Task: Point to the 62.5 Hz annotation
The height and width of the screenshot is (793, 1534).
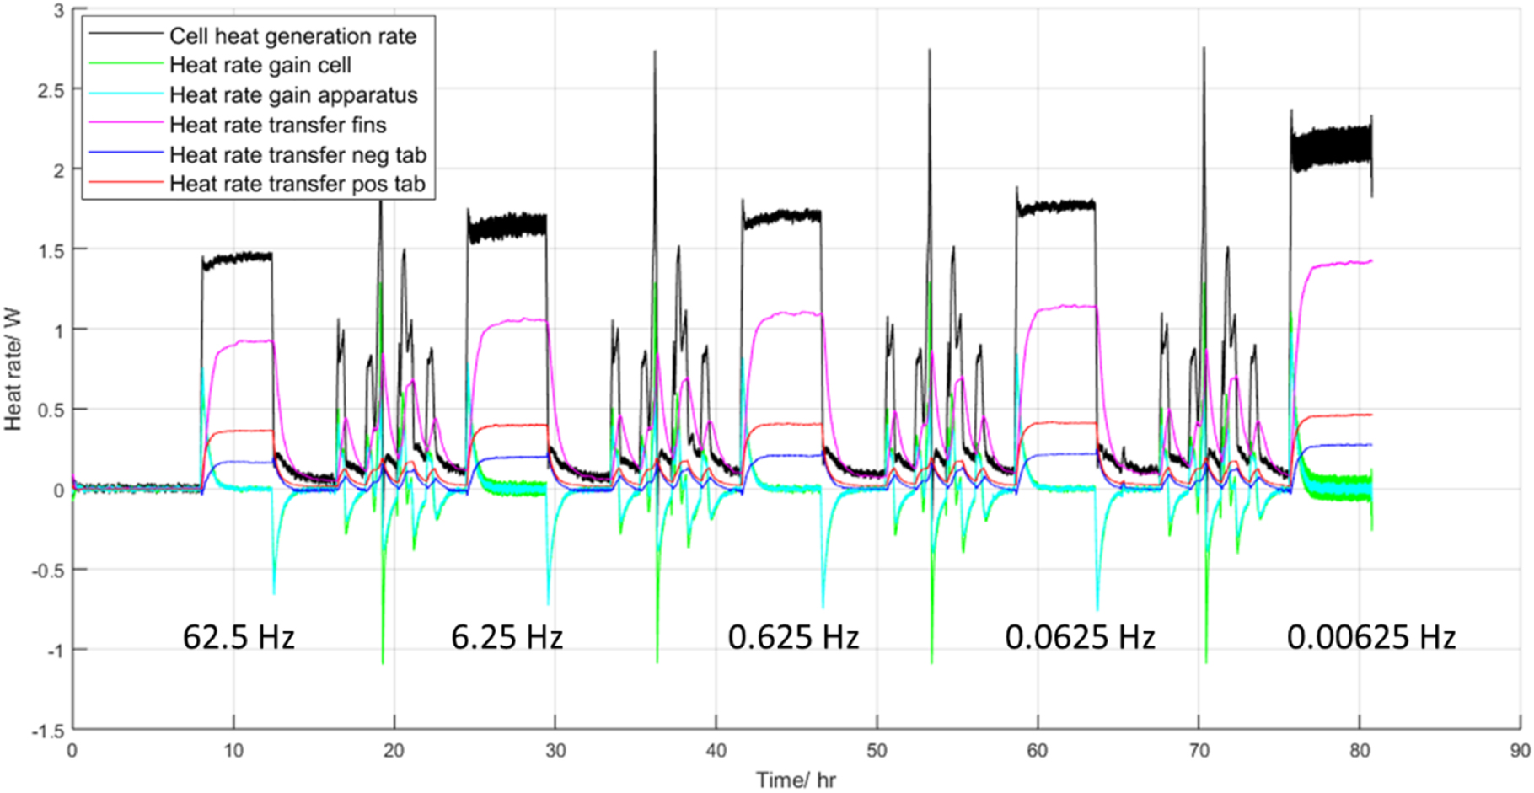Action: click(x=239, y=637)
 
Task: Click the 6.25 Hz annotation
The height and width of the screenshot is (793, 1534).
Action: click(x=507, y=637)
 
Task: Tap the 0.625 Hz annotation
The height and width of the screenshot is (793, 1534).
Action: click(x=793, y=637)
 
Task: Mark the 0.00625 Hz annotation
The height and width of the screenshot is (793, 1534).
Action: click(x=1370, y=637)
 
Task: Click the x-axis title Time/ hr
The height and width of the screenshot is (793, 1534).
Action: click(x=796, y=780)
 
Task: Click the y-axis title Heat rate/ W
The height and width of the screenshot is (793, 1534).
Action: click(x=13, y=369)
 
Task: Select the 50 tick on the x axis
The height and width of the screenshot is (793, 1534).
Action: click(x=877, y=751)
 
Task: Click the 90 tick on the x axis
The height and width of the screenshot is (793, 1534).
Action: click(x=1520, y=751)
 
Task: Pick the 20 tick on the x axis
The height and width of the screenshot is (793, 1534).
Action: click(x=394, y=751)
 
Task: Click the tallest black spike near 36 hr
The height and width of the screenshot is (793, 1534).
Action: click(x=655, y=55)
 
